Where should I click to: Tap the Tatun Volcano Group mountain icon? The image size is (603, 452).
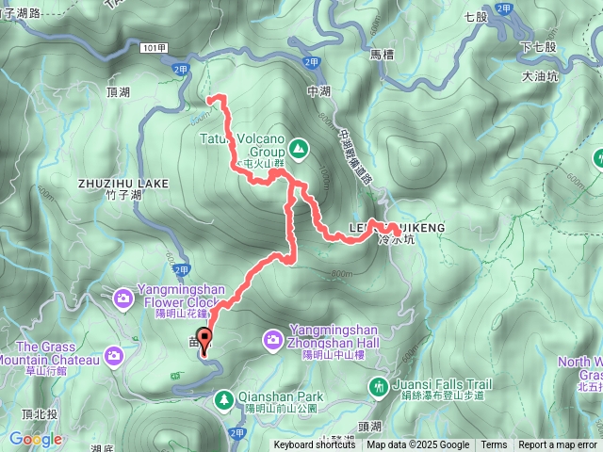[299, 148]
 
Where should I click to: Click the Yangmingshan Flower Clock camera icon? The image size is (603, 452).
[123, 299]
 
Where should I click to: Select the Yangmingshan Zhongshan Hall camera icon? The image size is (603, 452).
[272, 338]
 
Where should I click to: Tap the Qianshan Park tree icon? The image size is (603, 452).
[224, 402]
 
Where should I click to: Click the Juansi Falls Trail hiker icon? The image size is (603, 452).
[378, 386]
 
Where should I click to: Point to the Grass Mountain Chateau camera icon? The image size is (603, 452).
[114, 355]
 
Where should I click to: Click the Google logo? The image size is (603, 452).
[36, 439]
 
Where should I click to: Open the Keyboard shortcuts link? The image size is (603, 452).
[316, 445]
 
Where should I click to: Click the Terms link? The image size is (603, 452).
[494, 445]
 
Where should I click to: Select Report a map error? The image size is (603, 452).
[558, 445]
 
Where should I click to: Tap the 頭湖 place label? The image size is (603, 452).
[370, 426]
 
